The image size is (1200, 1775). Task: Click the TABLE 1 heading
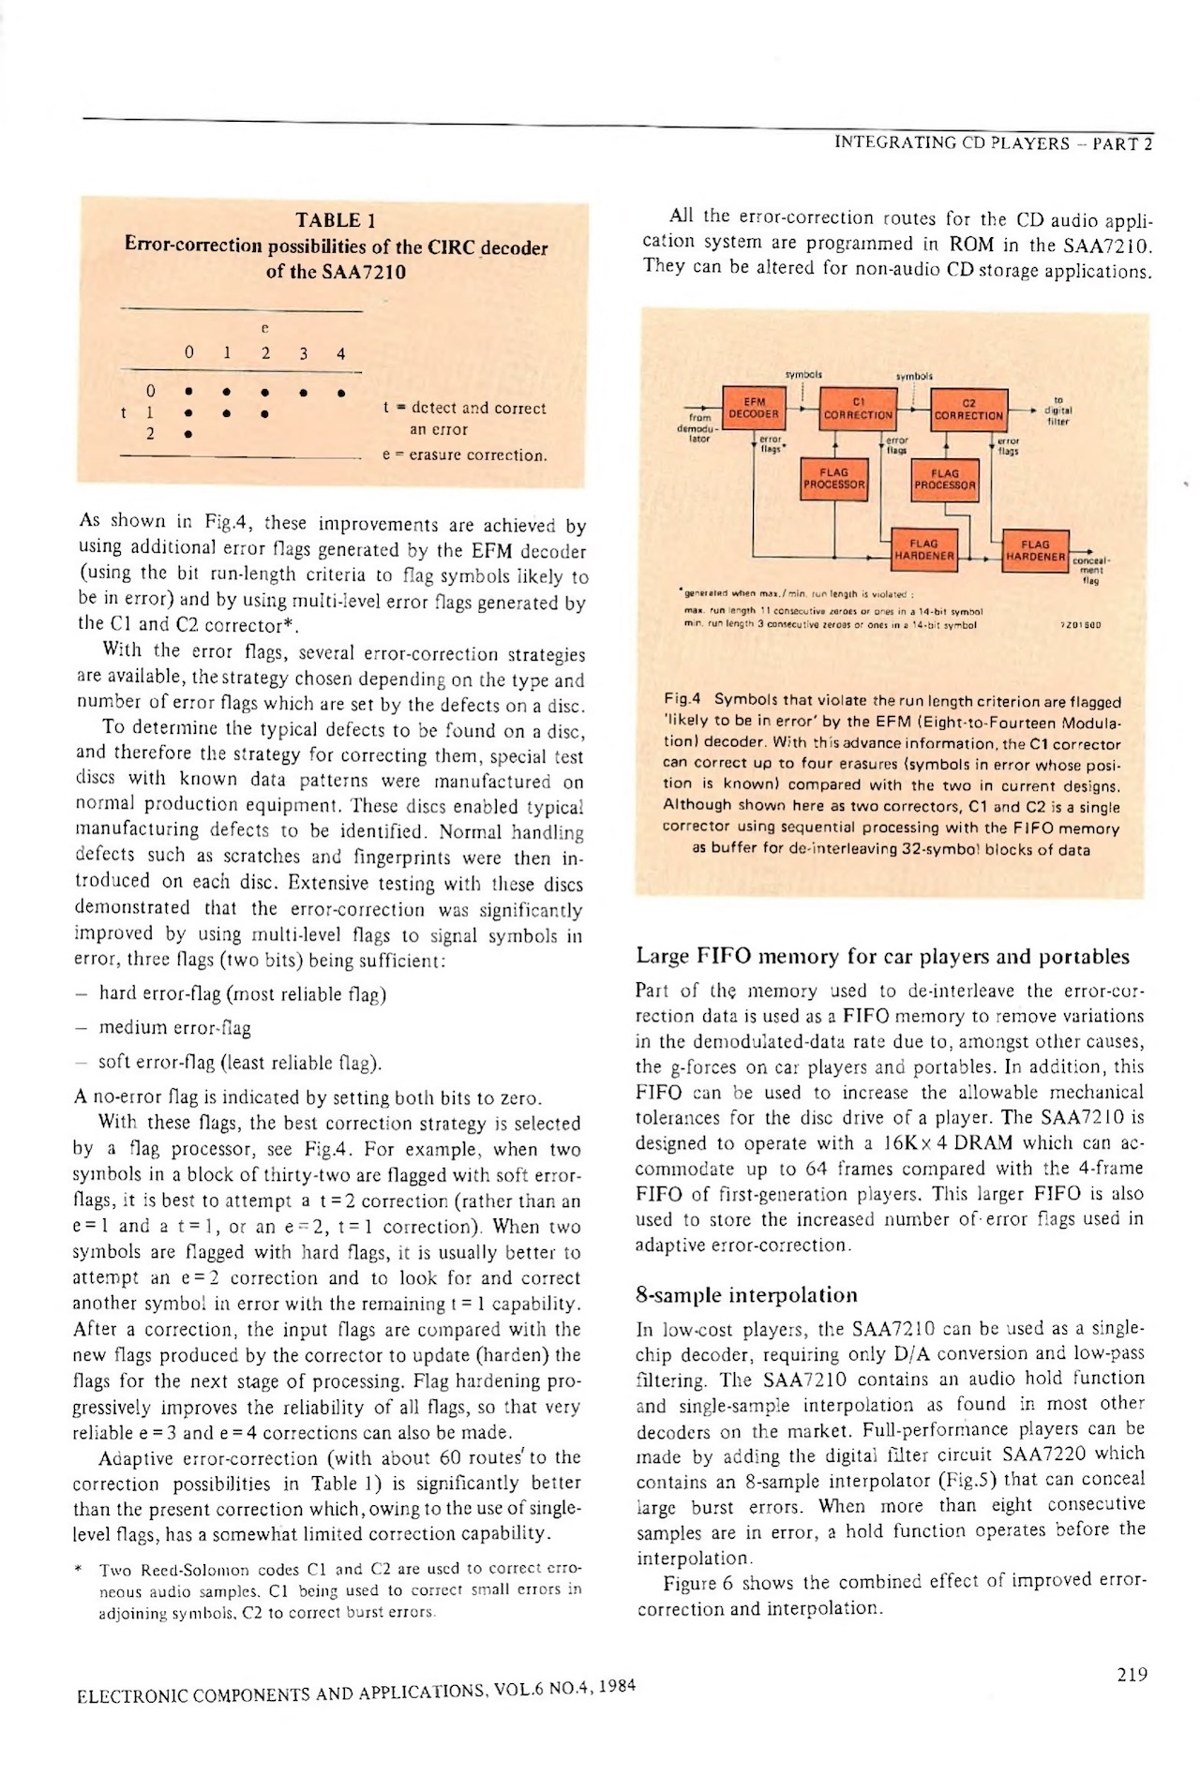click(335, 221)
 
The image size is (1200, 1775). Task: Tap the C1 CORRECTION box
click(857, 409)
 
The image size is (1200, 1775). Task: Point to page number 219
click(1132, 1675)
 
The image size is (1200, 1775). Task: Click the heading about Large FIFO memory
click(882, 957)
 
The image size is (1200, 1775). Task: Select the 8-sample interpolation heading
click(746, 1295)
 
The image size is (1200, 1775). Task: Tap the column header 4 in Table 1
click(341, 354)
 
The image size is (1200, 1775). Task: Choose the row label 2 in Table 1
click(149, 434)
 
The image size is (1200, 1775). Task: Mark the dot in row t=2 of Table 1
click(189, 434)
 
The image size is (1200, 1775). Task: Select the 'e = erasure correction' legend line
click(465, 456)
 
